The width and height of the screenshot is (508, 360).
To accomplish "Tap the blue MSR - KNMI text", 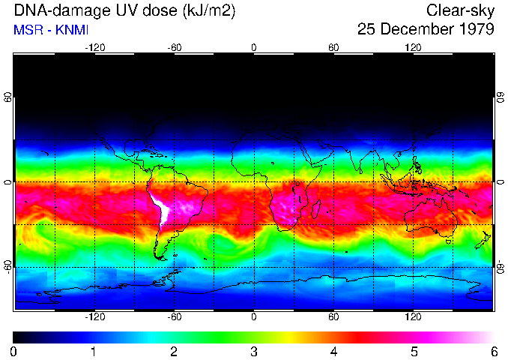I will coord(47,31).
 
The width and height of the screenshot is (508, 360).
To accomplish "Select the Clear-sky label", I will coord(460,10).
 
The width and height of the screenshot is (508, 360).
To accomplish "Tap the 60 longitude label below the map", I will coord(333,316).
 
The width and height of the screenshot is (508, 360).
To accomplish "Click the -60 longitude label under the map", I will coord(175,316).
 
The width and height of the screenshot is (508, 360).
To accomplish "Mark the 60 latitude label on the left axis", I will coord(8,98).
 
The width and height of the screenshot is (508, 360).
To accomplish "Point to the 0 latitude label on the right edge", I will coord(500,183).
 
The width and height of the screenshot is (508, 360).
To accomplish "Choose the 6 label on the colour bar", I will coord(494,351).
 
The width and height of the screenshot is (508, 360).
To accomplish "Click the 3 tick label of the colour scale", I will coord(254,351).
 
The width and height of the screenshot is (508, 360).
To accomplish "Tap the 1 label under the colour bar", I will coord(94,351).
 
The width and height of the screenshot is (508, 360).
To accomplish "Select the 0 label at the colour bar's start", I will coord(14,351).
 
